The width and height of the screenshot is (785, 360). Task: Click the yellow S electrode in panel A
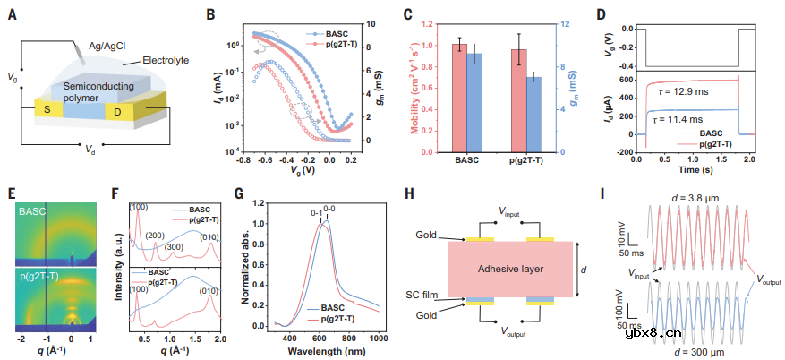(49, 108)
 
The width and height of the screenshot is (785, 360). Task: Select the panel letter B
(210, 14)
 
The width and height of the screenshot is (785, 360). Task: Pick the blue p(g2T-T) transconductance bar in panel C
(533, 114)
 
